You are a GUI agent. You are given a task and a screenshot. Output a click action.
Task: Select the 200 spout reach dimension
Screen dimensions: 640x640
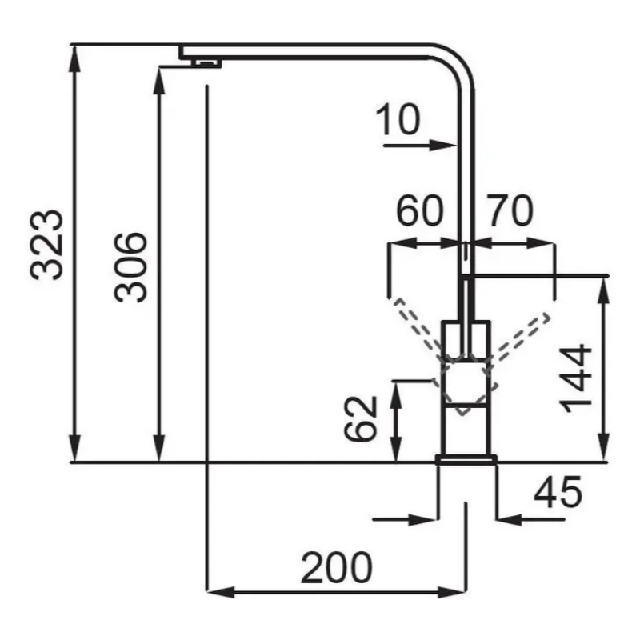click(x=337, y=569)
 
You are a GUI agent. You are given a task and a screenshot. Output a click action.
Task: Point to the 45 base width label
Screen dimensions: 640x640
click(x=558, y=493)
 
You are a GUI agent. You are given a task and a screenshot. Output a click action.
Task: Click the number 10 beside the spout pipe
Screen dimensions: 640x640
click(x=397, y=121)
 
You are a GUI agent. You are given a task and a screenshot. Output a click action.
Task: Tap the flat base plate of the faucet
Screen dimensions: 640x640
click(x=466, y=458)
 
